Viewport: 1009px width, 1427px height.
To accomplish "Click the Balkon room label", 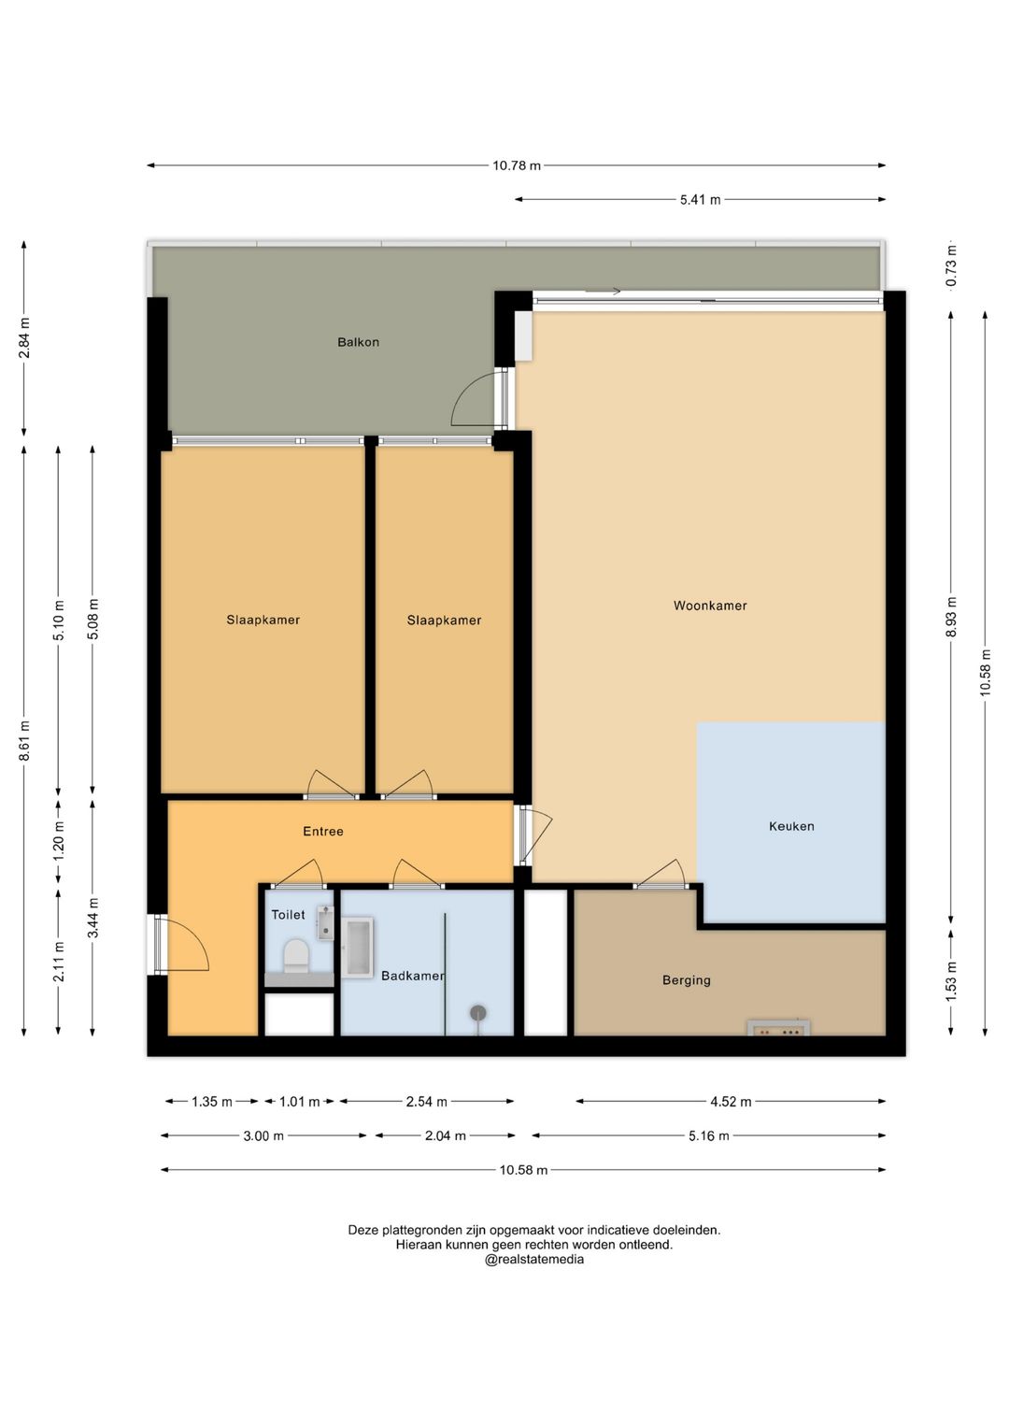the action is (358, 342).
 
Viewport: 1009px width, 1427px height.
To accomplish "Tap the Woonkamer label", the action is (710, 606).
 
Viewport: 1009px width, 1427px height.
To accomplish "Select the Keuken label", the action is (791, 826).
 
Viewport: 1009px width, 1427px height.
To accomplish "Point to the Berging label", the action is (686, 980).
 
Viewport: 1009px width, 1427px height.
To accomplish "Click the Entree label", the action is (323, 832).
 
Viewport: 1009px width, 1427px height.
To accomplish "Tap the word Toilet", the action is (288, 915).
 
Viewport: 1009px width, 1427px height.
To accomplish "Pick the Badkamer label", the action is (413, 976).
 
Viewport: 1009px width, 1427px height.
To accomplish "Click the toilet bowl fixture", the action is (295, 956).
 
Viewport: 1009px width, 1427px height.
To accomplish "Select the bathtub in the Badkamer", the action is (357, 948).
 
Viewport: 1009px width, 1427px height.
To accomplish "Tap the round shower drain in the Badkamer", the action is (477, 1012).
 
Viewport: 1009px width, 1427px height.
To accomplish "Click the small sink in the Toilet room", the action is (325, 923).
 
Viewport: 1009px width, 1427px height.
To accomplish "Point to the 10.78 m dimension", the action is (517, 165).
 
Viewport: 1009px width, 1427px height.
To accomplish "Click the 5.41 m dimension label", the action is (700, 200).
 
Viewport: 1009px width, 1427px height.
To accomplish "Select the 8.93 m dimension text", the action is (951, 617).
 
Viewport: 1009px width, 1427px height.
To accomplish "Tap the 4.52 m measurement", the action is (731, 1102).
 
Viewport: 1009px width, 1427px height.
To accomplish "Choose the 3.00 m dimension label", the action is (263, 1135).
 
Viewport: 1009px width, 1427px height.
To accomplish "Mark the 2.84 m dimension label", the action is (24, 337).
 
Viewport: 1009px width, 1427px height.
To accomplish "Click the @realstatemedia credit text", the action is (533, 1260).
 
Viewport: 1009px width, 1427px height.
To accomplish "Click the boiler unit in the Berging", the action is (778, 1028).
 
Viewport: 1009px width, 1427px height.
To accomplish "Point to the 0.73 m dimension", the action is (951, 265).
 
